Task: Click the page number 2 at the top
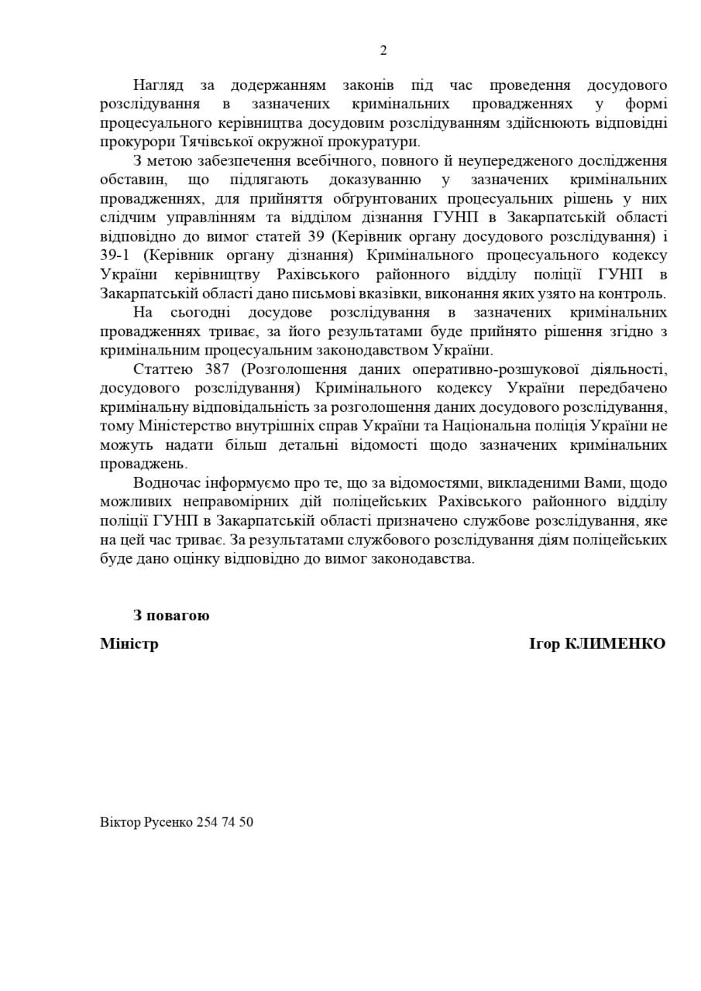(383, 51)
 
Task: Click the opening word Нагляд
(158, 84)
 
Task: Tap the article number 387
(213, 369)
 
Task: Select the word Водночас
(166, 483)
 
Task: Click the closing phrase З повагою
(170, 616)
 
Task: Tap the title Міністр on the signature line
(129, 643)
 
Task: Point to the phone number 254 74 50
(225, 822)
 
